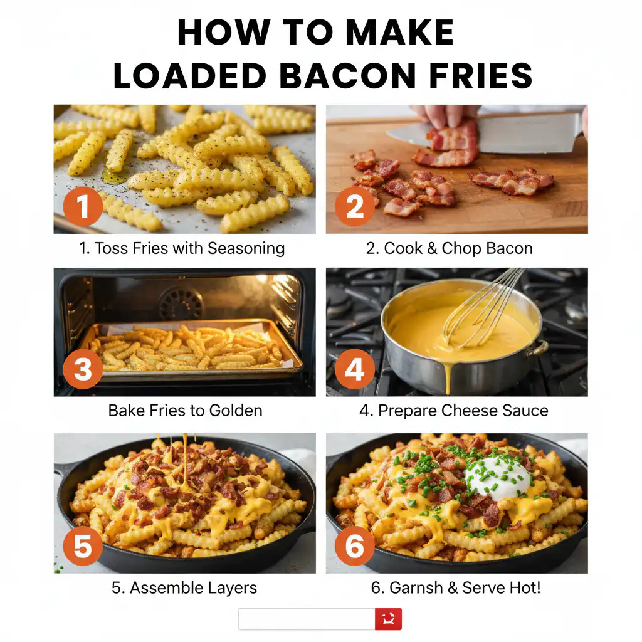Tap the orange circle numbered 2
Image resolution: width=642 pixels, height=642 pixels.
(x=355, y=206)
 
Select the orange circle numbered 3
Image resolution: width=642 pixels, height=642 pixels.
(x=83, y=370)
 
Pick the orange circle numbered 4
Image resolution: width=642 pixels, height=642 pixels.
(x=355, y=370)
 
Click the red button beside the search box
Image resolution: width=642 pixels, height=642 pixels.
(x=388, y=619)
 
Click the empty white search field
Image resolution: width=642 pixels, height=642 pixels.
(x=307, y=619)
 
